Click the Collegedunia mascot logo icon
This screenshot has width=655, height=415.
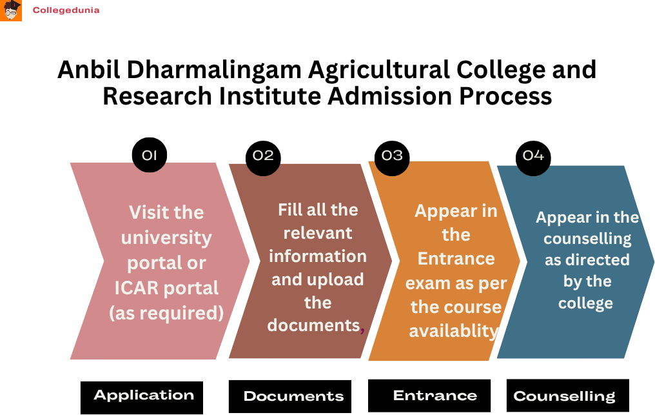pos(11,11)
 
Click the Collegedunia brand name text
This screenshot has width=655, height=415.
pos(66,10)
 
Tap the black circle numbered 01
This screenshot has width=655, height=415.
pos(150,155)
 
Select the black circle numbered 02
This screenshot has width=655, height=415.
pos(263,156)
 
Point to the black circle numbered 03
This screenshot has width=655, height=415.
pos(392,156)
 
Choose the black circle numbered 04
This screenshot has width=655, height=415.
pos(533,156)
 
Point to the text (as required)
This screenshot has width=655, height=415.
pos(166,313)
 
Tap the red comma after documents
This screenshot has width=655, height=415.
pos(362,329)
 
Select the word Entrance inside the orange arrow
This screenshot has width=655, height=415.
pos(456,259)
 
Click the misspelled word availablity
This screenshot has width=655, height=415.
pos(454,331)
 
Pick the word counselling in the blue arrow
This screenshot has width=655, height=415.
pos(587,239)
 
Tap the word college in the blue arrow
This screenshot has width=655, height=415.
pos(586,303)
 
